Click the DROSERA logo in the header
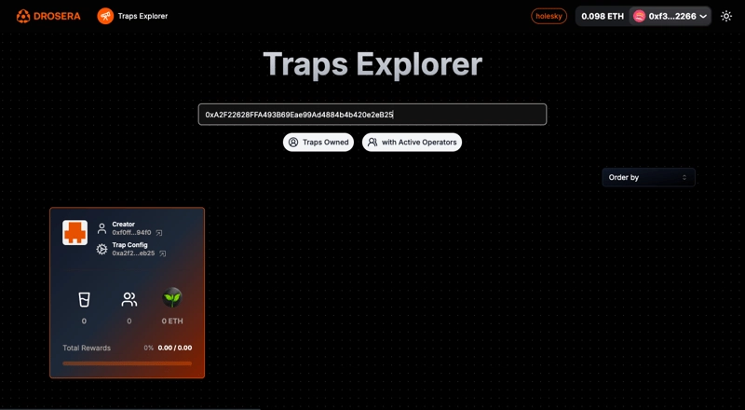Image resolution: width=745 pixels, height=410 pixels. click(x=48, y=16)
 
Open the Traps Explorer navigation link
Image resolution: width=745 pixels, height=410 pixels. click(x=132, y=16)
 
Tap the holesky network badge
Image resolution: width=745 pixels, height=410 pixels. click(x=549, y=16)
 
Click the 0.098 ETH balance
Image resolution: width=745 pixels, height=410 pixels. click(x=603, y=16)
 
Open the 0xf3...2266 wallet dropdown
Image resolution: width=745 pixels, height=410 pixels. click(x=670, y=16)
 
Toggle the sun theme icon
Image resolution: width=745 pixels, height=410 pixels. click(x=726, y=16)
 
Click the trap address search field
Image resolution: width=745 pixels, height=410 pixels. click(x=372, y=115)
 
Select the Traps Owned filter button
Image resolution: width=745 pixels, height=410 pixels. click(x=318, y=143)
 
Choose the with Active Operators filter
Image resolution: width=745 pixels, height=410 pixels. click(x=412, y=143)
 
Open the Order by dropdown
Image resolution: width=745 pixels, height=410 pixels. click(x=648, y=177)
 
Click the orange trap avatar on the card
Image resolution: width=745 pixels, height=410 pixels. click(x=75, y=233)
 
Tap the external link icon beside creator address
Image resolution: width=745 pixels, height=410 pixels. click(x=159, y=233)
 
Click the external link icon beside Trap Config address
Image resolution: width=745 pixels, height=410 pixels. click(x=162, y=253)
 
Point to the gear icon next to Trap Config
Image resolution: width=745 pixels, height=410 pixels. click(x=102, y=249)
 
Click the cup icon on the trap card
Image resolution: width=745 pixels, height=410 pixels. click(x=84, y=299)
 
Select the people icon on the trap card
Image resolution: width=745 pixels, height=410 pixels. click(x=129, y=299)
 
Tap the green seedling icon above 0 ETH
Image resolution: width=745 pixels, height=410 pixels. click(x=172, y=298)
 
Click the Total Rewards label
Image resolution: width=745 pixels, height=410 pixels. click(x=87, y=348)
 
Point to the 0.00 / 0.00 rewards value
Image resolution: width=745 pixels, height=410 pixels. click(x=175, y=348)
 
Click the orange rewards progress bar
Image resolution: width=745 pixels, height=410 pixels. click(x=128, y=363)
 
